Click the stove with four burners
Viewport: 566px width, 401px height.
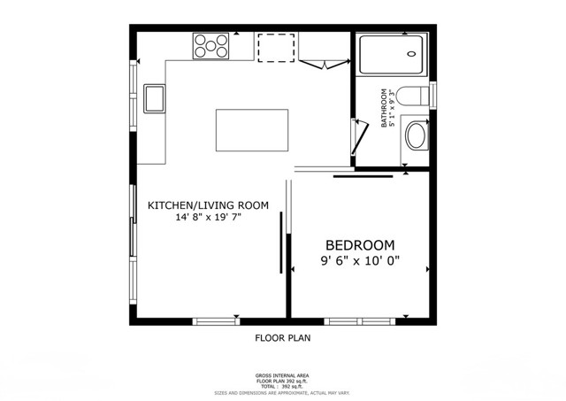tap(210, 45)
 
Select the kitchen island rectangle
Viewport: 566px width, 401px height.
tap(253, 131)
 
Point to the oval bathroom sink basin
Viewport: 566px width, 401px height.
tap(416, 137)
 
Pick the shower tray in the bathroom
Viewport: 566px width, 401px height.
tap(392, 56)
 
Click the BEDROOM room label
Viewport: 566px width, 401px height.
tap(360, 245)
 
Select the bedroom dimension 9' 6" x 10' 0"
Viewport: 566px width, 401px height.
tap(360, 261)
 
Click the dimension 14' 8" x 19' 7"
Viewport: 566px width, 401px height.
tap(209, 217)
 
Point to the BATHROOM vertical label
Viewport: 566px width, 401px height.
tap(385, 108)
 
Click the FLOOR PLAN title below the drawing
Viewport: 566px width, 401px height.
tap(283, 337)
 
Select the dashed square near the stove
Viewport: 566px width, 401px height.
tap(276, 48)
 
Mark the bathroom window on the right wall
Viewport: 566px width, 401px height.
tap(433, 95)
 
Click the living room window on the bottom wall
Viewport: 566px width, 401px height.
tap(215, 320)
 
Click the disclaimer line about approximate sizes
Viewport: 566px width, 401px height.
tap(283, 392)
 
